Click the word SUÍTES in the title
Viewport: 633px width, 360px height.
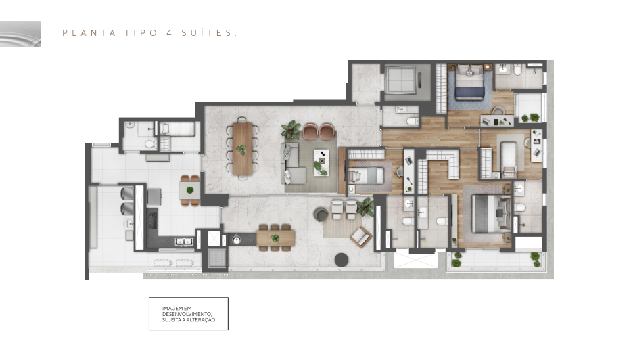coord(208,32)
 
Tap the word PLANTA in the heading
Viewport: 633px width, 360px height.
coord(89,33)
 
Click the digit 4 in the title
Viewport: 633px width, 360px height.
coord(169,33)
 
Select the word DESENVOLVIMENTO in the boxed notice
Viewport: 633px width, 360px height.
coord(187,314)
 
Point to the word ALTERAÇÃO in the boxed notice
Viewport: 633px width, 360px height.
coord(201,319)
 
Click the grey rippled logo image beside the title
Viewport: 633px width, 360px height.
coord(20,34)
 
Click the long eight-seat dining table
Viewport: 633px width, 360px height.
coord(242,149)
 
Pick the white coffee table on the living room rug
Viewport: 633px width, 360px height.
coord(321,162)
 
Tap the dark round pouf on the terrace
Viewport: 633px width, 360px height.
coord(342,260)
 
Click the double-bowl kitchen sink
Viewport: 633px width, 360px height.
coord(183,242)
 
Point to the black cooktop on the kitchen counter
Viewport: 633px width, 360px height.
coord(153,221)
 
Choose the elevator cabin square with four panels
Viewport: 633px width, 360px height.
coord(400,80)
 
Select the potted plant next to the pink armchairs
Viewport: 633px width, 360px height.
coord(291,130)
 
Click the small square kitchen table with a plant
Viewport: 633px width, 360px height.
coord(190,190)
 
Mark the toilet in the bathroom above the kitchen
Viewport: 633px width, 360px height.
coord(150,144)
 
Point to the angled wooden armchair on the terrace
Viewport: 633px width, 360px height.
coord(361,237)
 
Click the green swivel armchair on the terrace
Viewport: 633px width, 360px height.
coord(321,215)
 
